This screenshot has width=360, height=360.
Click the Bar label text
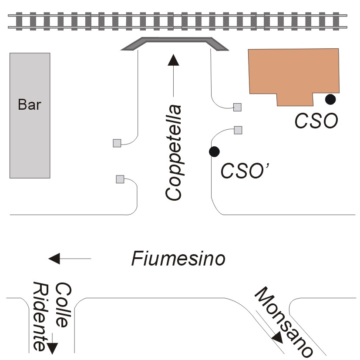30,105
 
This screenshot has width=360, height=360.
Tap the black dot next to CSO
331,99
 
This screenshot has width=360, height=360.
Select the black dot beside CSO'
214,151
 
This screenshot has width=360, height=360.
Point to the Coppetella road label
174,152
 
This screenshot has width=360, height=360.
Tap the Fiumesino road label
178,259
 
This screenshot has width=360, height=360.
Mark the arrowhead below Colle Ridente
52,347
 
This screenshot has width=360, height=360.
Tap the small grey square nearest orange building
237,107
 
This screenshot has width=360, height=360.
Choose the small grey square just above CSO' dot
238,130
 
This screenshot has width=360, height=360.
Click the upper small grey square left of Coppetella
117,143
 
